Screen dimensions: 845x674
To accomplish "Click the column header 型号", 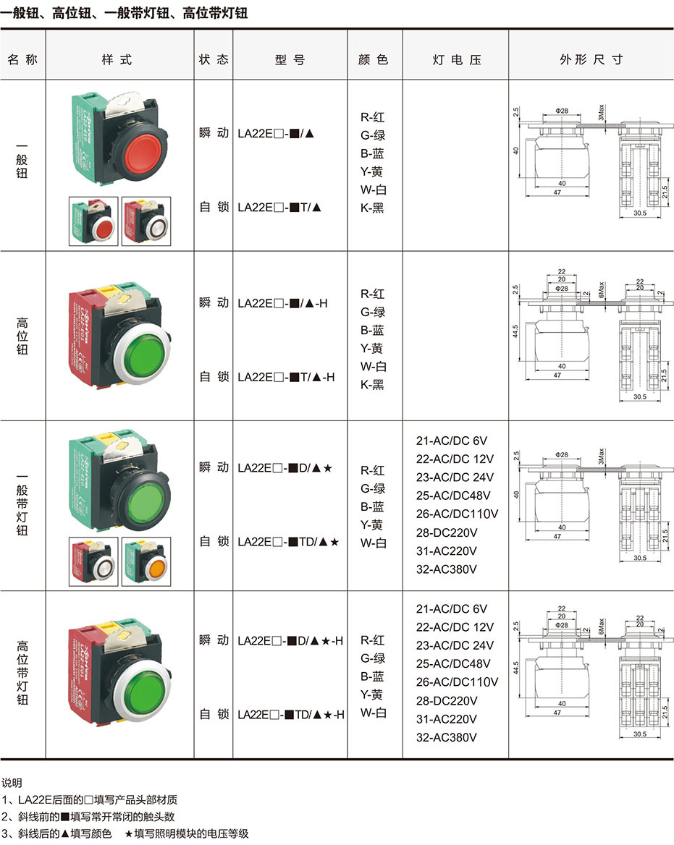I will click(x=290, y=60).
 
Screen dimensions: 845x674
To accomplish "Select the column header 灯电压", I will click(x=456, y=60).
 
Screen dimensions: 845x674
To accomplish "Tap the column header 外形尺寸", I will click(x=591, y=60).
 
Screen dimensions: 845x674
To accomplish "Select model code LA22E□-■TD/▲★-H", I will click(x=290, y=714).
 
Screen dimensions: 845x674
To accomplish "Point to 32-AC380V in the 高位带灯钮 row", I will click(x=447, y=737).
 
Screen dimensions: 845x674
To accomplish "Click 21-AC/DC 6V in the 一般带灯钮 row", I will click(x=452, y=440).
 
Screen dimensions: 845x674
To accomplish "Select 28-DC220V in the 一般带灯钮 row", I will click(x=447, y=532).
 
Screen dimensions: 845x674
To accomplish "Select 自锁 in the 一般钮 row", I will click(x=214, y=208).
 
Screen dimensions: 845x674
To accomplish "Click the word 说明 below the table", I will click(x=12, y=783).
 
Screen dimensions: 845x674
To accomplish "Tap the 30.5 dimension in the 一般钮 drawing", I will click(x=639, y=214).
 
